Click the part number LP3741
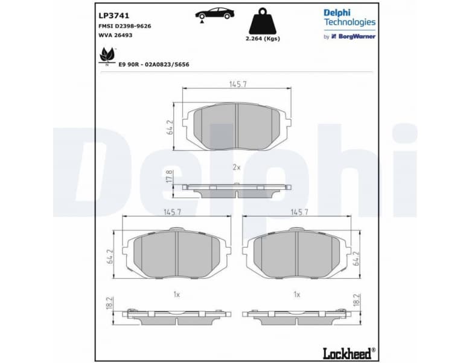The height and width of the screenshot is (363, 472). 113,15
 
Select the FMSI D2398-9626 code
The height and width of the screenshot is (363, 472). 125,26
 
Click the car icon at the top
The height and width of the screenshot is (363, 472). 214,14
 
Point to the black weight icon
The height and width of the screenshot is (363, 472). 264,21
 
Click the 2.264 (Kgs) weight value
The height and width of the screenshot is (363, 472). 264,39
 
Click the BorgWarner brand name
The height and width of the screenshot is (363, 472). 356,36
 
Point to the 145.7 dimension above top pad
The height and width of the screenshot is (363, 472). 237,84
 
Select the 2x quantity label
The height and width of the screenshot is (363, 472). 237,166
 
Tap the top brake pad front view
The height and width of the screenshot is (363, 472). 237,126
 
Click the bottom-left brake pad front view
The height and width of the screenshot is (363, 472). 176,253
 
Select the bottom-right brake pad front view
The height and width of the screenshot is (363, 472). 297,253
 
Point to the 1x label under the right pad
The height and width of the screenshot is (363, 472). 296,294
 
